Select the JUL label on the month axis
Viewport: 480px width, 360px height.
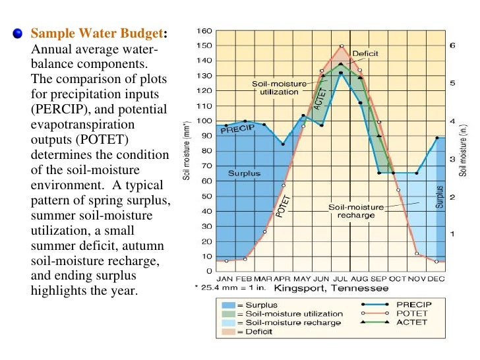tap(340, 279)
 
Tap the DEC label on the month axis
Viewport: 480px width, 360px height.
tap(436, 279)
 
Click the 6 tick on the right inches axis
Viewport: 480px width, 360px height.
tap(452, 45)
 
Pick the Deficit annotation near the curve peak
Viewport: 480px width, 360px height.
tap(365, 53)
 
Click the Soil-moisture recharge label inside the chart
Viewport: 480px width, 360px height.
tap(355, 211)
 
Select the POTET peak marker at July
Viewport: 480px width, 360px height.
tap(341, 46)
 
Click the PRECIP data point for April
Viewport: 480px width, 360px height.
tap(283, 144)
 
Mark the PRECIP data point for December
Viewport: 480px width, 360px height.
tap(436, 138)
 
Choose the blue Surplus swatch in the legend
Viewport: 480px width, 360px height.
tap(229, 305)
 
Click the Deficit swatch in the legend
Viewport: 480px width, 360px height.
tap(229, 331)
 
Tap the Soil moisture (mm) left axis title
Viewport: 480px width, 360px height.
tap(187, 152)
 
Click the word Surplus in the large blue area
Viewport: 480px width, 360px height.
tap(244, 173)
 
